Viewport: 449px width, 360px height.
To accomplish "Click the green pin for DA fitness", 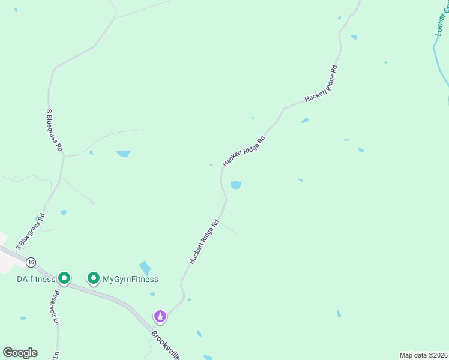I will click(64, 278).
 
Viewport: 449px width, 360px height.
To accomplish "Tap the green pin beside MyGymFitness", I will click(94, 278).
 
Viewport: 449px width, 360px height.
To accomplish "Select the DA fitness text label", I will click(35, 279).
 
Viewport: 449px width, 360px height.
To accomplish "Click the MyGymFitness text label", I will click(130, 279).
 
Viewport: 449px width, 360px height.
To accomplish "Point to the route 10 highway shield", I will click(31, 262).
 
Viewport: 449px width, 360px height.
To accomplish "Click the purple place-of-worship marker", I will click(160, 316).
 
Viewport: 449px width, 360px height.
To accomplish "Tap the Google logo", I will click(20, 353).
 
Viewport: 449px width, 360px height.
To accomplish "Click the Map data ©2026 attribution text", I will click(423, 355).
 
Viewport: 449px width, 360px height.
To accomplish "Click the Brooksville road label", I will click(166, 344).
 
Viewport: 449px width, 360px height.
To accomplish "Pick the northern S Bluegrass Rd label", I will click(55, 129).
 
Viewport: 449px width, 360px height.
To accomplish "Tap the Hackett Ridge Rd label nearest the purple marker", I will click(204, 242).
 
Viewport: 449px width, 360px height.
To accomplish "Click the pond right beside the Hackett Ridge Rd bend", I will click(236, 185).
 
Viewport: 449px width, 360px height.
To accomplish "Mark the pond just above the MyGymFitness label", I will click(145, 268).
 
